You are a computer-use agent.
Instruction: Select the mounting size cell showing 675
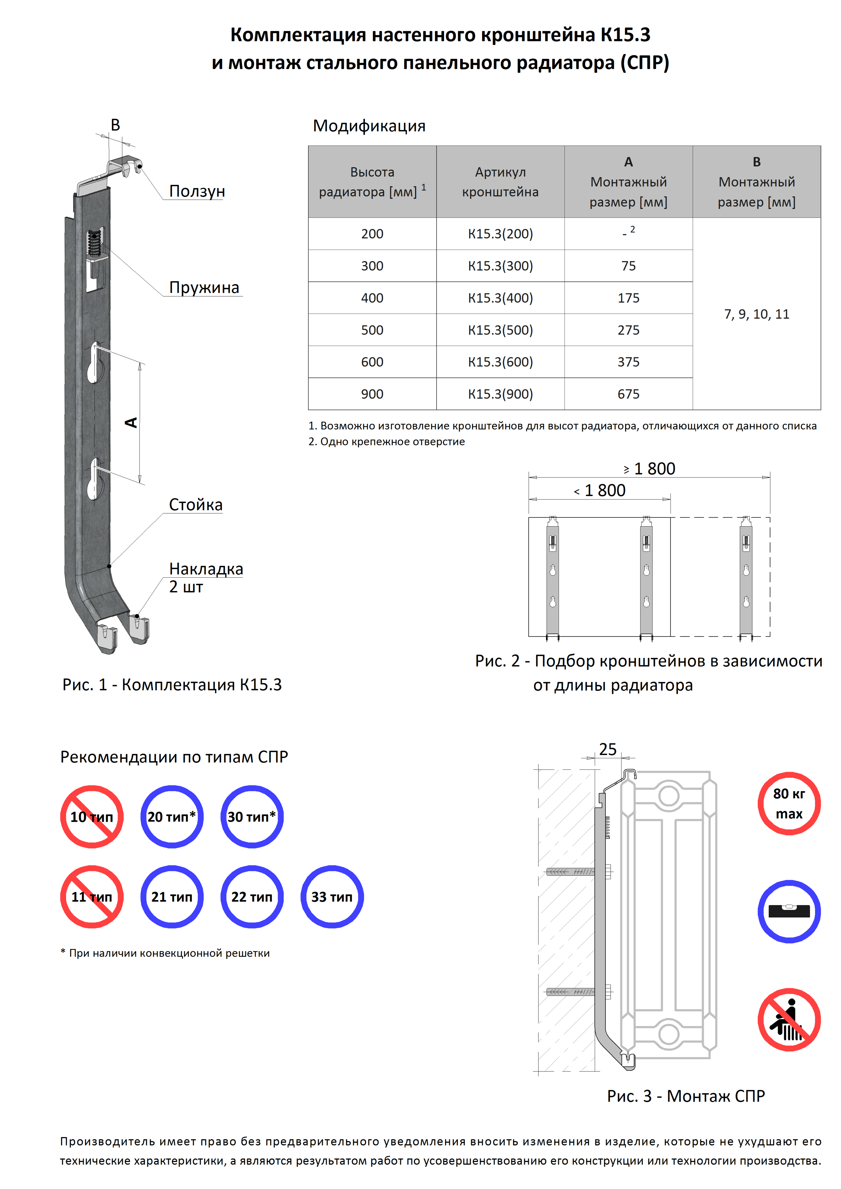pos(628,394)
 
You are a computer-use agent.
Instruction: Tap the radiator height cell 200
pos(372,234)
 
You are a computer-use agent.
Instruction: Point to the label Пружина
pos(204,287)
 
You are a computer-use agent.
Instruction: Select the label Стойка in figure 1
pos(195,505)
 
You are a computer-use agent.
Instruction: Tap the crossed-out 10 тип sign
pos(92,817)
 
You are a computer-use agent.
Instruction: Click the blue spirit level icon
pos(789,911)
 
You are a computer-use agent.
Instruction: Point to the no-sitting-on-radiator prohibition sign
pos(789,1019)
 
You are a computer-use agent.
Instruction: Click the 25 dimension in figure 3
pos(608,749)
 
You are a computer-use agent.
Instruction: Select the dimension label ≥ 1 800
pos(649,469)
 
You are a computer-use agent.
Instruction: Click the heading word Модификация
pos(369,126)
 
